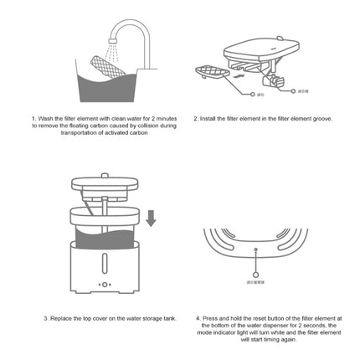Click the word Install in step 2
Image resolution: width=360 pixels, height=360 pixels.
point(207,119)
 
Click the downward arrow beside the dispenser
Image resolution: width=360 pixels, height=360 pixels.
point(151,218)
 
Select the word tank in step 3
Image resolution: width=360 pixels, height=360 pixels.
point(171,318)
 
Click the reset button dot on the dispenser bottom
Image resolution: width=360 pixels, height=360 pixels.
point(255,249)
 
